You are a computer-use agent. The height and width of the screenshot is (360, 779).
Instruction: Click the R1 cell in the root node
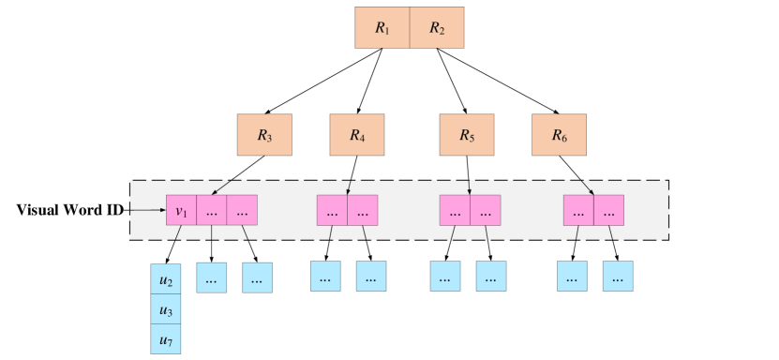pyautogui.click(x=382, y=28)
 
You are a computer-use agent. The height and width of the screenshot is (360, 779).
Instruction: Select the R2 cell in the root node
pyautogui.click(x=437, y=28)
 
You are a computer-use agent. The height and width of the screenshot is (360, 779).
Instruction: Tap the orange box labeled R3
pyautogui.click(x=264, y=135)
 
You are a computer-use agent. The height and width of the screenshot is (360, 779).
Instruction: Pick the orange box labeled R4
pyautogui.click(x=356, y=135)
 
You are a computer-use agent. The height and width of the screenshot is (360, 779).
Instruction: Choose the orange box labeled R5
pyautogui.click(x=467, y=135)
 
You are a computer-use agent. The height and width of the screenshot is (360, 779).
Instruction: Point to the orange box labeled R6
pyautogui.click(x=559, y=135)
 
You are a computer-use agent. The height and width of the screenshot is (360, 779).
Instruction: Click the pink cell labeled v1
pyautogui.click(x=181, y=210)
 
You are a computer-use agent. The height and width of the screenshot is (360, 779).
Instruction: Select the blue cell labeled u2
pyautogui.click(x=166, y=279)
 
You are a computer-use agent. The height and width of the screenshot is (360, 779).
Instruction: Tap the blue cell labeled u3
pyautogui.click(x=166, y=309)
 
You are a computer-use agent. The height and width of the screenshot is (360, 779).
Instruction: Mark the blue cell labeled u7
pyautogui.click(x=166, y=338)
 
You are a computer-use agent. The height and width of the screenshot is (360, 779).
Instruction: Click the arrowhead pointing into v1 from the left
pyautogui.click(x=161, y=210)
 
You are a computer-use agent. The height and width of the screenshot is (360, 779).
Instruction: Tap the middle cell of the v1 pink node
pyautogui.click(x=211, y=210)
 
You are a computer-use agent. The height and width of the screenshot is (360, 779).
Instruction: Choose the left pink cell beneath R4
pyautogui.click(x=332, y=210)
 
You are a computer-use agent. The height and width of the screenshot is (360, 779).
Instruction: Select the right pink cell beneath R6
pyautogui.click(x=608, y=210)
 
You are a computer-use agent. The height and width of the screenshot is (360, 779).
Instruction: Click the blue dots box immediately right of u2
pyautogui.click(x=211, y=277)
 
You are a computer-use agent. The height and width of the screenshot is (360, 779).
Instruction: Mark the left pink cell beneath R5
pyautogui.click(x=455, y=210)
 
